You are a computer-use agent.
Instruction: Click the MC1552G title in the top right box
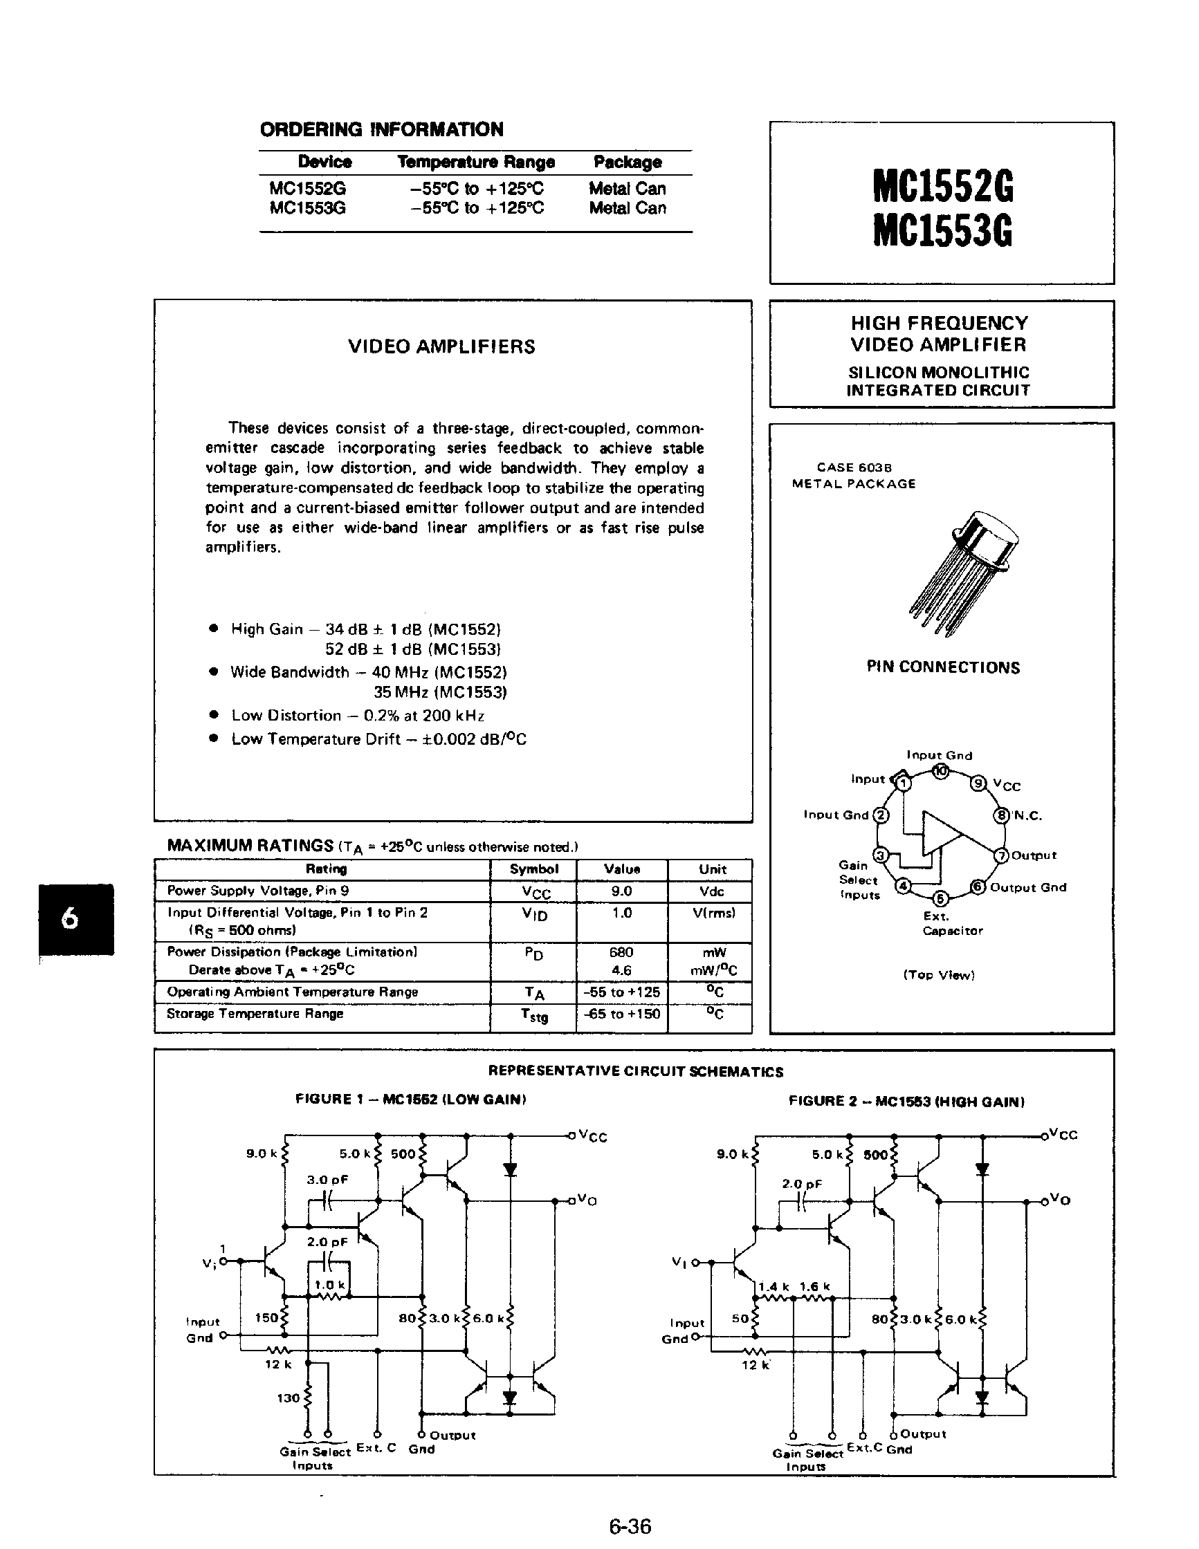click(x=942, y=186)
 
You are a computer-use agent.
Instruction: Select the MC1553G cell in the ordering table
click(x=307, y=208)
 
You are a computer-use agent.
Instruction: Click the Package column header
click(x=627, y=162)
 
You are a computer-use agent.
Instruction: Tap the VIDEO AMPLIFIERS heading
click(x=441, y=346)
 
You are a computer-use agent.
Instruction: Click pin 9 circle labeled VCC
click(x=979, y=783)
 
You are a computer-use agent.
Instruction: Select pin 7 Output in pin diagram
click(x=1001, y=855)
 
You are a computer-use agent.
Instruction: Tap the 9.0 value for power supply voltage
click(x=621, y=891)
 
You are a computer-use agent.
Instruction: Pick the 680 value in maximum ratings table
click(x=621, y=952)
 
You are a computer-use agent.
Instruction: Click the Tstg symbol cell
click(x=533, y=1015)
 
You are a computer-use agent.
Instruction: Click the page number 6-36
click(x=630, y=1525)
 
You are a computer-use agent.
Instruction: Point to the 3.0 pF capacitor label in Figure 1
click(x=327, y=1180)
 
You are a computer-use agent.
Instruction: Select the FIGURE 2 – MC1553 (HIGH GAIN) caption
click(x=906, y=1101)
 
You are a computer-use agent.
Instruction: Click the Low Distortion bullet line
click(x=357, y=715)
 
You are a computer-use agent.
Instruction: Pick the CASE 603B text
click(x=854, y=467)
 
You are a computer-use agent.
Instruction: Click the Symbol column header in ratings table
click(x=533, y=869)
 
